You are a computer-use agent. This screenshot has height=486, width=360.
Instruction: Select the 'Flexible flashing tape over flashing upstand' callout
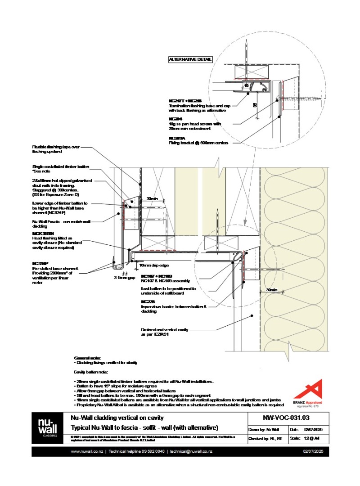[x=56, y=149]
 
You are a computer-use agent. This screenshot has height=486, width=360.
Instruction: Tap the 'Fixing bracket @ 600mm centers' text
[x=198, y=143]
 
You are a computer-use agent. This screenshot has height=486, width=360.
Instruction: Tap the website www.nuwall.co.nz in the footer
[x=87, y=451]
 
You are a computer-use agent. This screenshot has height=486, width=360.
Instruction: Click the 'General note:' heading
[x=84, y=358]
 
